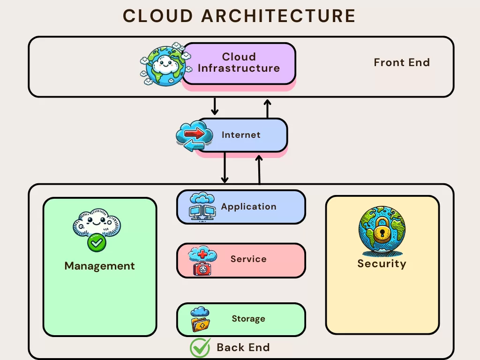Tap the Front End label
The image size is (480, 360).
click(402, 62)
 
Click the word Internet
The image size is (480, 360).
click(241, 135)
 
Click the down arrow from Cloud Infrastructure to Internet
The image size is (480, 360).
click(215, 106)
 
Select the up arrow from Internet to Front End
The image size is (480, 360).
click(267, 108)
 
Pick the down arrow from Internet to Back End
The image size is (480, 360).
click(225, 167)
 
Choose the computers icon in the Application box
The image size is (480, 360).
click(202, 207)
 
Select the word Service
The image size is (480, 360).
click(248, 259)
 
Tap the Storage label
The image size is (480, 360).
click(248, 319)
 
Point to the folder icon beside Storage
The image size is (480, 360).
click(201, 323)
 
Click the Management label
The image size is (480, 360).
click(99, 266)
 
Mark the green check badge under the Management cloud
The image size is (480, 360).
click(97, 242)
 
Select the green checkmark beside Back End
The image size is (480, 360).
click(200, 348)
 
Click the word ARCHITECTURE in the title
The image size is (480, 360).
click(278, 16)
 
